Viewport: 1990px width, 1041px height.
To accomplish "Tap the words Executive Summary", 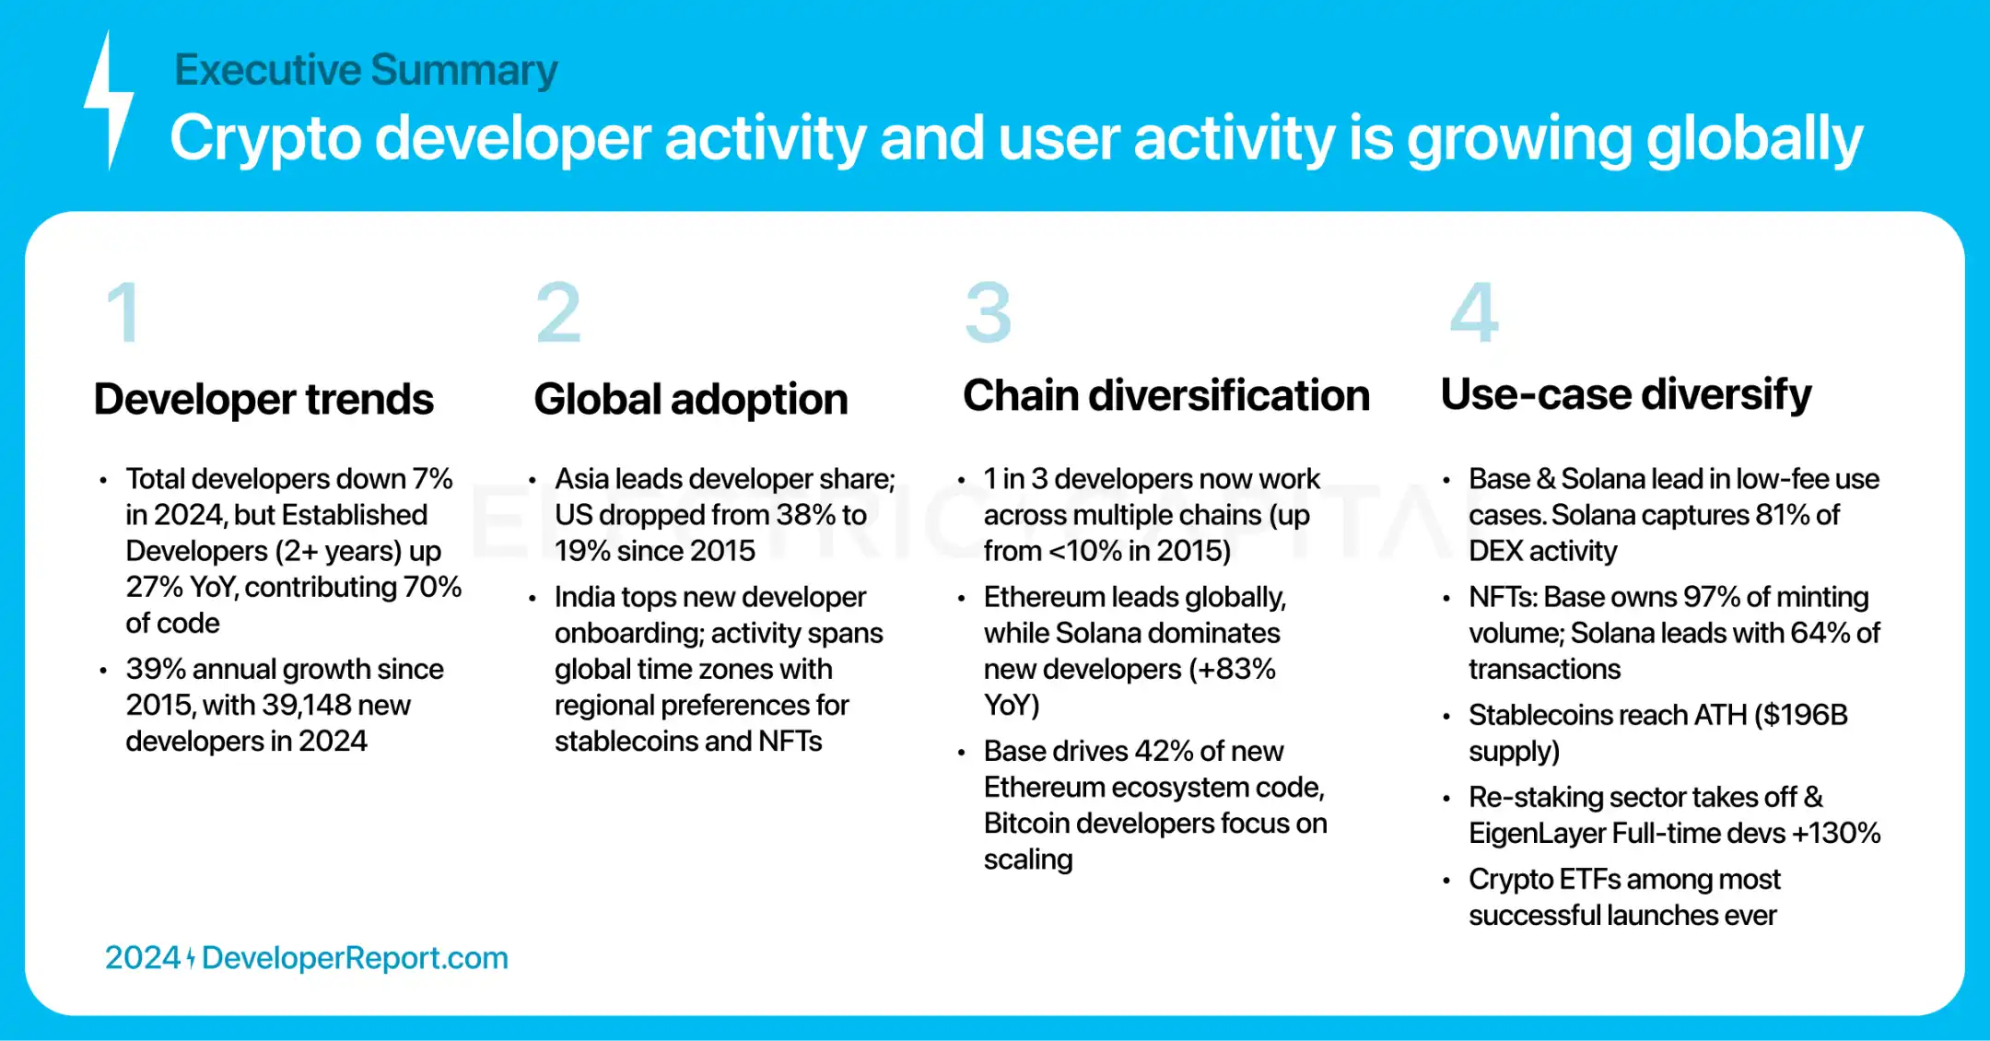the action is tap(366, 70).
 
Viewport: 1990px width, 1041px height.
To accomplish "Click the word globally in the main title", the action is tap(1755, 140).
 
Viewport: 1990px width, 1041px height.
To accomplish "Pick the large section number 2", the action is tap(558, 312).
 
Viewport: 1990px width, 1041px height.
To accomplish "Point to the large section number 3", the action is tap(989, 312).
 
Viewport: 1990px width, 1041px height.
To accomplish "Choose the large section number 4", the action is tap(1474, 312).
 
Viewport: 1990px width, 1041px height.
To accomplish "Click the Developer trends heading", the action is tap(263, 399).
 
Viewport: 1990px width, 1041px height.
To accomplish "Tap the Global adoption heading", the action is tap(691, 399).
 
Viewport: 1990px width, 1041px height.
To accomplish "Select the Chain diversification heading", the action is tap(1166, 395).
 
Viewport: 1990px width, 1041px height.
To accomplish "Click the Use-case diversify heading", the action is tap(1626, 395).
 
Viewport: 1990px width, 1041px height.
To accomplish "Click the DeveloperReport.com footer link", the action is tap(355, 958).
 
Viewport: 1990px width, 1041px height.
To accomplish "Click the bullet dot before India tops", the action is tap(533, 599).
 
